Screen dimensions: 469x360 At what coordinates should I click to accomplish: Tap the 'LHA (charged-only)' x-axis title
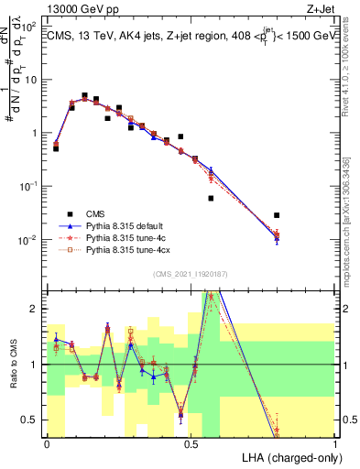[286, 455]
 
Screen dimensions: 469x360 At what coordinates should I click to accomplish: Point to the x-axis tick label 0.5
[191, 442]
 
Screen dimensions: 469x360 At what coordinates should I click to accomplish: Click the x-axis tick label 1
[334, 442]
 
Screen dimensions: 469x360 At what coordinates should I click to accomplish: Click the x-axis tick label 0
[47, 442]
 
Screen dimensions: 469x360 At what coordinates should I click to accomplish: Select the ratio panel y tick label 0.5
[32, 420]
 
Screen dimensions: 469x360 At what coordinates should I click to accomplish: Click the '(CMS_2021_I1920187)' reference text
[191, 273]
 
